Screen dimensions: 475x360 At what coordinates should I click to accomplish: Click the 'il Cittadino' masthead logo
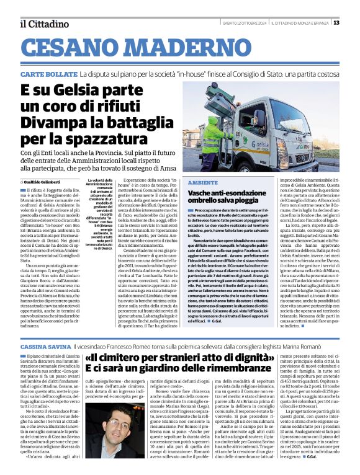43,24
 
